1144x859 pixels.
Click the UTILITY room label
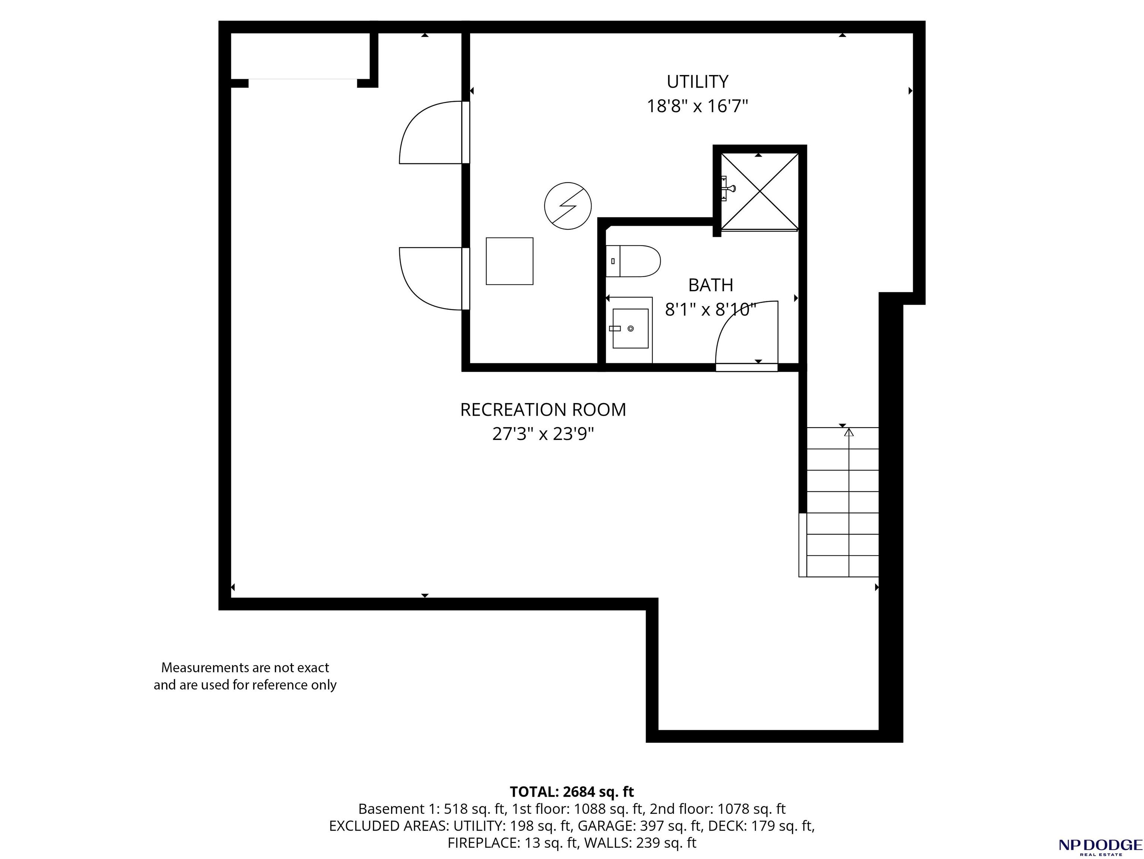point(697,82)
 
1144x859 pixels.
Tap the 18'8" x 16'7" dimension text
point(697,107)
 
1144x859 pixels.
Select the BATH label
point(711,285)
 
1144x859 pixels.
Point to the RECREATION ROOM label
point(543,410)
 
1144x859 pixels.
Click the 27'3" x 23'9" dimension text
point(543,434)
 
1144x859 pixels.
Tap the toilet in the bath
point(633,261)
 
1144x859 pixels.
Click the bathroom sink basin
point(630,328)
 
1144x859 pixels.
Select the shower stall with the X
point(759,192)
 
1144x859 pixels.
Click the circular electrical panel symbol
point(568,206)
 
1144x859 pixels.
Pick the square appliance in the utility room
point(510,261)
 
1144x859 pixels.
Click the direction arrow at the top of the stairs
point(849,432)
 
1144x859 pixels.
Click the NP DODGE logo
point(1100,846)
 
